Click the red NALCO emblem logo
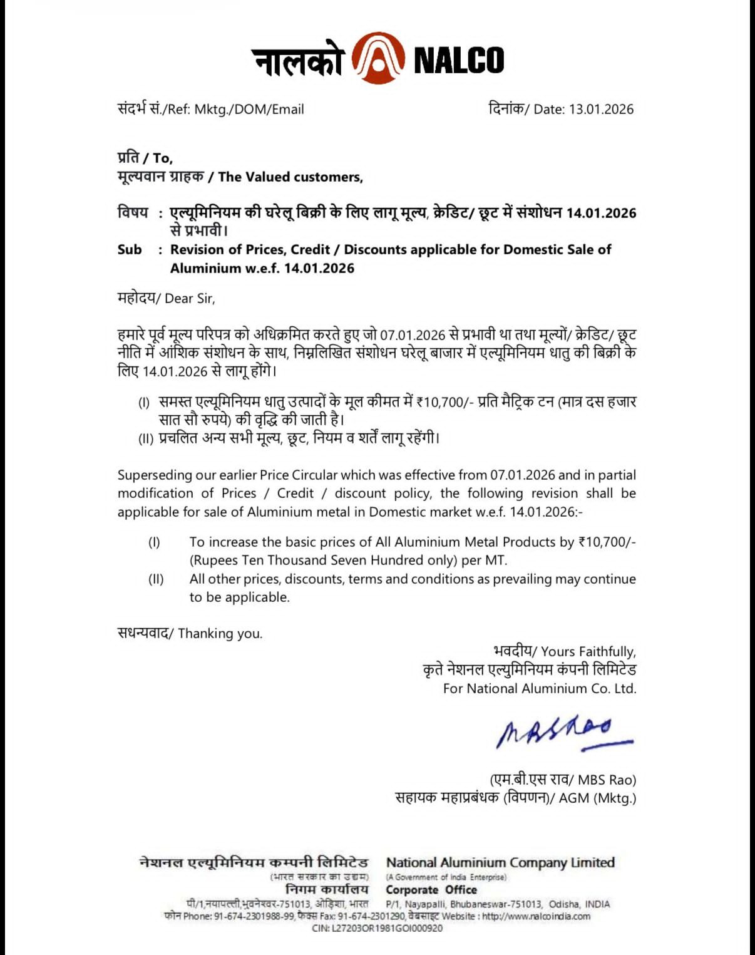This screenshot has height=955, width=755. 377,59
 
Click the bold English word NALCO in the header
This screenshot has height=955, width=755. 459,60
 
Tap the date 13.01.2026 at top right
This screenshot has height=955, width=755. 600,109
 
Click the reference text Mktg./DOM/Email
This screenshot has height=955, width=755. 249,109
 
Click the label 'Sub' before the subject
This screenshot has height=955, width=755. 130,249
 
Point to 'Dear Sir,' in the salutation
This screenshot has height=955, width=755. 190,299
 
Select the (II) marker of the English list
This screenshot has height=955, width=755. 156,579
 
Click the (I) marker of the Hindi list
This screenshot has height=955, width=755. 144,403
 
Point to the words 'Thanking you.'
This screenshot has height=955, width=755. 220,634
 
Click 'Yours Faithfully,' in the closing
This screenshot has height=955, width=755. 588,652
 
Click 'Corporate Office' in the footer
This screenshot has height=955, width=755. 431,890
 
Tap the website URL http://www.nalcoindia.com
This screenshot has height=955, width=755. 536,916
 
